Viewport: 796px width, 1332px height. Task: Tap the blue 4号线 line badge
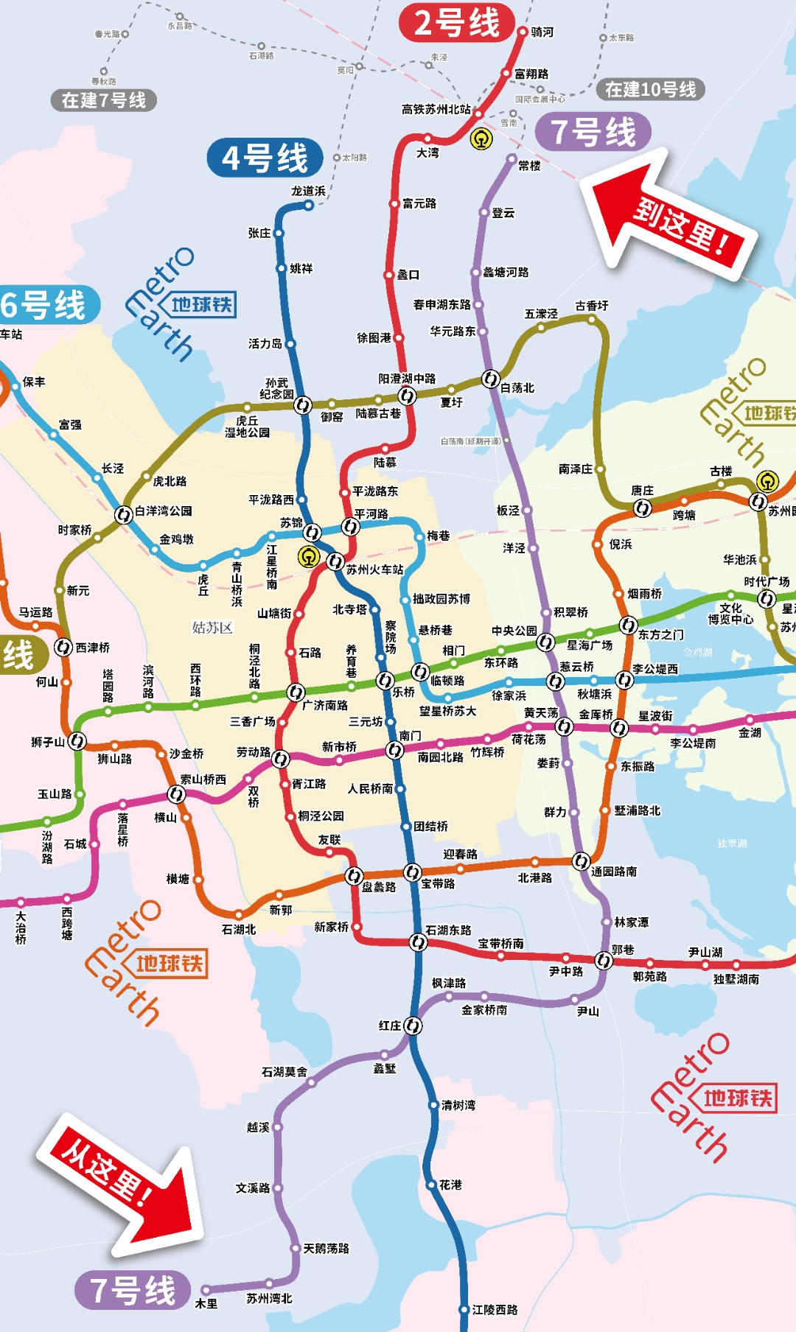(x=265, y=158)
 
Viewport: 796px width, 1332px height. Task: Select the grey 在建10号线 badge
(x=650, y=90)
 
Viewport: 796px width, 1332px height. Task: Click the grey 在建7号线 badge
(x=104, y=100)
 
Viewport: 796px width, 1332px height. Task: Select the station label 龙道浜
(x=307, y=191)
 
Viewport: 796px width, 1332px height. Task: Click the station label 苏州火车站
(x=374, y=569)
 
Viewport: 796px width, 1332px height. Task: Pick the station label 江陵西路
(x=495, y=1310)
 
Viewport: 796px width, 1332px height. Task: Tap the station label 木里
(x=206, y=1303)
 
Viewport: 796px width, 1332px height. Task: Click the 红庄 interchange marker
(x=413, y=1026)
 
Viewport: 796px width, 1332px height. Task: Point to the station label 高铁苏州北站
(x=436, y=109)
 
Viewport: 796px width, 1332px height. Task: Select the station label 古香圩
(x=592, y=305)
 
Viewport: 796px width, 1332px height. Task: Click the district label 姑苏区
(x=212, y=628)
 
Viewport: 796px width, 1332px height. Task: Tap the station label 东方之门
(x=660, y=634)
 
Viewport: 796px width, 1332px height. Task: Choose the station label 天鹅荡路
(x=327, y=1248)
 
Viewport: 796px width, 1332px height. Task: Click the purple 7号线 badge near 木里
(x=133, y=1290)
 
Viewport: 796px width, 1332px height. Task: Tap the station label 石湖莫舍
(x=284, y=1072)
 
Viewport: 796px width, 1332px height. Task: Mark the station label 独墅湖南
(x=736, y=979)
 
